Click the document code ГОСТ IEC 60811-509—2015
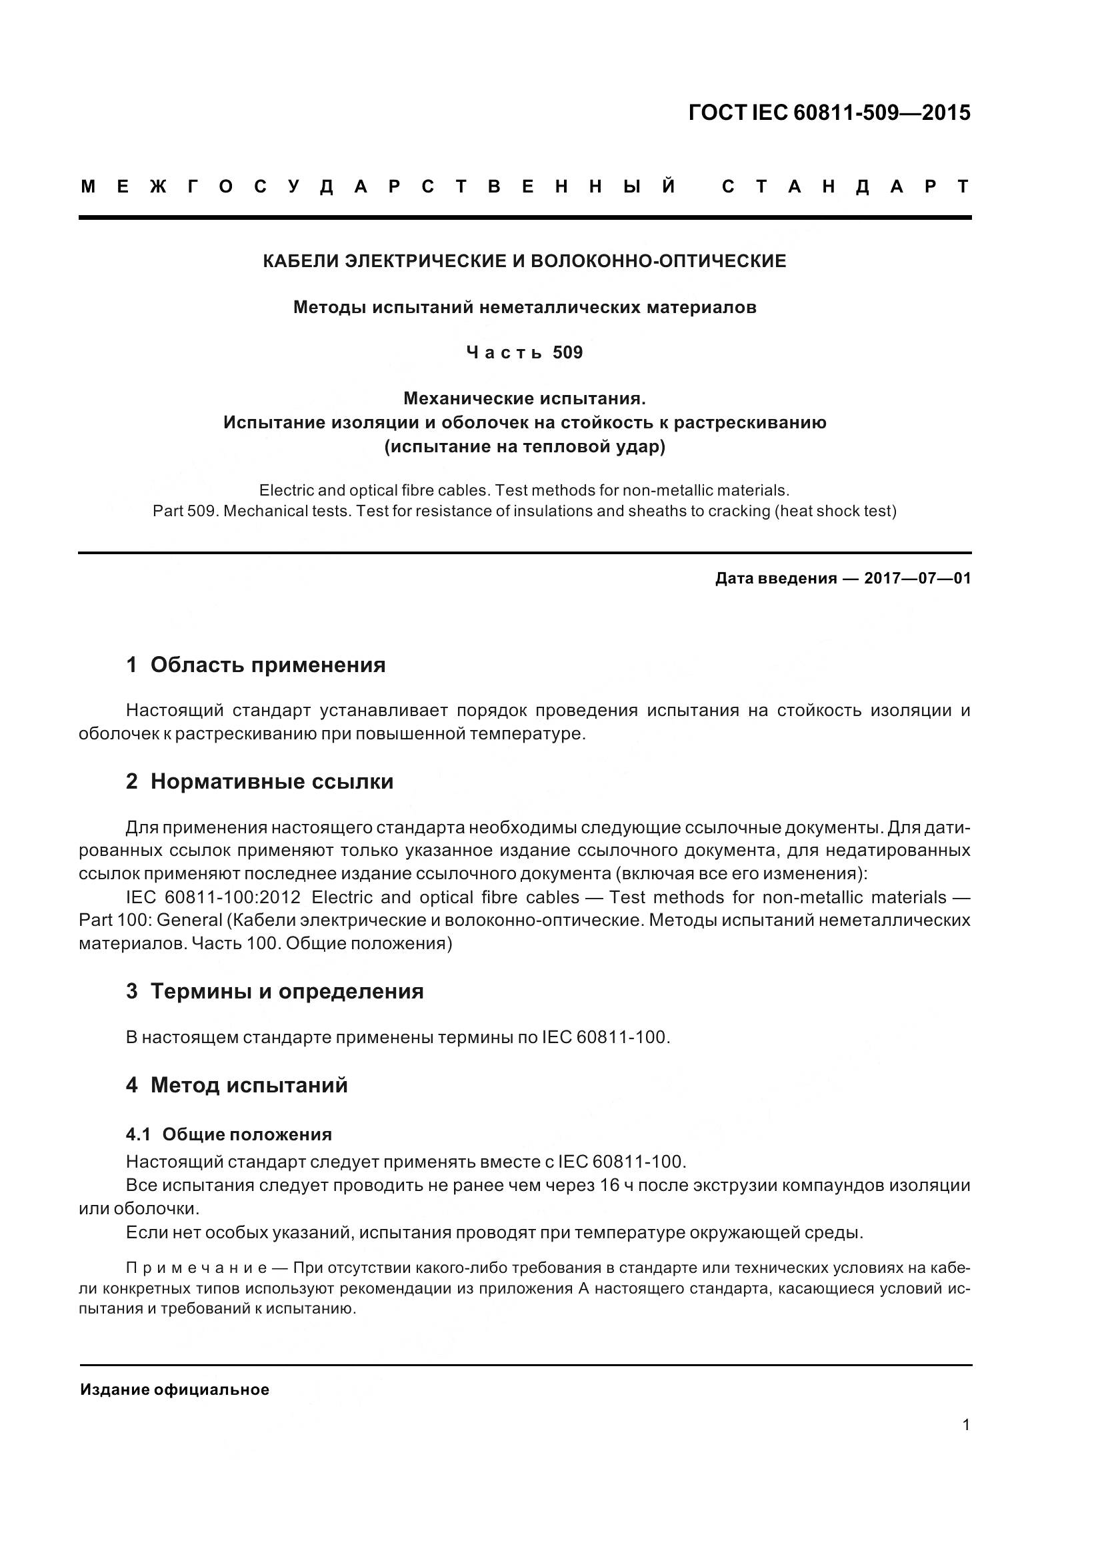click(829, 113)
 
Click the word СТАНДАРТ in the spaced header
click(845, 187)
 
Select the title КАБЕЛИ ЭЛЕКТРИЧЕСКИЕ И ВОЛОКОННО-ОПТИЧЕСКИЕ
click(524, 261)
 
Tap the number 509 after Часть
click(567, 353)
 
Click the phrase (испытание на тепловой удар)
click(524, 447)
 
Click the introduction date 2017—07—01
click(917, 579)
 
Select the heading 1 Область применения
click(256, 665)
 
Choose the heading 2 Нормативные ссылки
click(259, 782)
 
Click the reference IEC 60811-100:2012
click(213, 898)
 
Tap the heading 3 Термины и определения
click(274, 991)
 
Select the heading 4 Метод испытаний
click(236, 1085)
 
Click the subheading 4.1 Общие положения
click(229, 1134)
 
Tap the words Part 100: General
click(151, 921)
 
